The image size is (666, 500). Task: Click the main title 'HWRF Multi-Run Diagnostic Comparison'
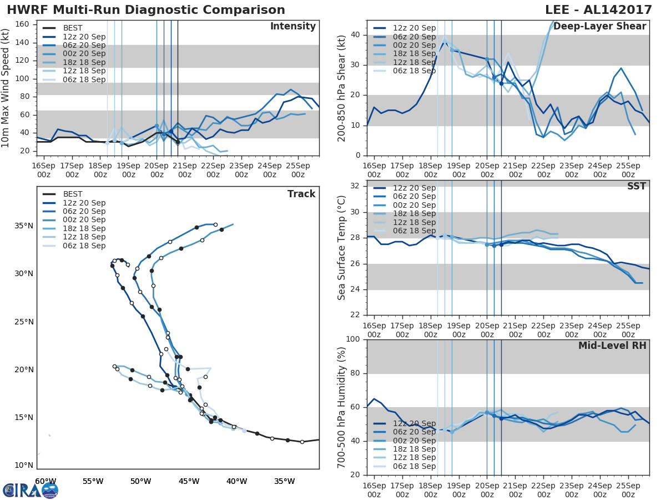coord(146,10)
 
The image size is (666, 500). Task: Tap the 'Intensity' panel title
coord(292,27)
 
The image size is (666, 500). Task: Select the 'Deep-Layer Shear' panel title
coord(599,27)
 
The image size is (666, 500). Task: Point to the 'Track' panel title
coord(301,194)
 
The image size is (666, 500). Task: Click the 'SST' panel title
coord(637,186)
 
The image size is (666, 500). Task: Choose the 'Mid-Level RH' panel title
coord(612,346)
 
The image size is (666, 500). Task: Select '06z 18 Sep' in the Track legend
coord(84,246)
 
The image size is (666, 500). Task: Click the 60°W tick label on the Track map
coord(46,481)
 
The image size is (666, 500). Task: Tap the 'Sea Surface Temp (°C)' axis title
coord(342,247)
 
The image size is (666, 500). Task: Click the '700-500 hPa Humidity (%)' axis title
coord(342,407)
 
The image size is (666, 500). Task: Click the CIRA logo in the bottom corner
coord(30,490)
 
